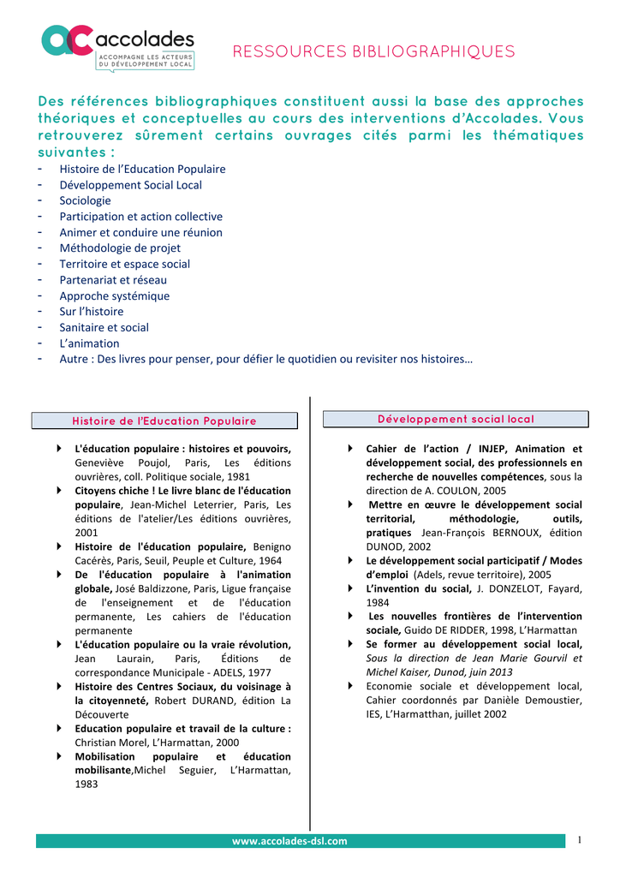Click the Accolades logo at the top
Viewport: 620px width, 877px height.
[x=119, y=46]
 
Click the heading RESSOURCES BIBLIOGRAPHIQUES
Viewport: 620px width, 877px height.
[x=374, y=52]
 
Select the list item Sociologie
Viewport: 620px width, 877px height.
[x=85, y=200]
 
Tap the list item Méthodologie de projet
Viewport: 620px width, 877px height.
[x=120, y=248]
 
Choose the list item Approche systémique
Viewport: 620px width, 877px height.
[x=114, y=295]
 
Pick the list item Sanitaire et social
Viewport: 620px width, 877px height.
[x=104, y=327]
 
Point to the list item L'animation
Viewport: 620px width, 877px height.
[x=89, y=343]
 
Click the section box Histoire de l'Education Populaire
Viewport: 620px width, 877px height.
[x=164, y=421]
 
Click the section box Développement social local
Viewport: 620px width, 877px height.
[x=456, y=419]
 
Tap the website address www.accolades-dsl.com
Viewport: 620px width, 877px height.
[x=290, y=841]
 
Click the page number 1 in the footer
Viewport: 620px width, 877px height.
[x=580, y=839]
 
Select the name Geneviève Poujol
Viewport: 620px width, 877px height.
[x=126, y=462]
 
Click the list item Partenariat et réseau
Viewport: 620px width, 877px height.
[x=113, y=280]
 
